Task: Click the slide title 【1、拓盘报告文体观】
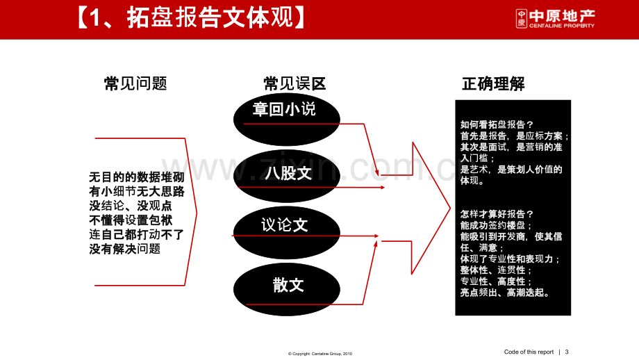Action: pos(191,18)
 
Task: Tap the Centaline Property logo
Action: pos(555,19)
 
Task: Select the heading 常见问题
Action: pos(135,83)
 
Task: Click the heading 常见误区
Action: pos(294,83)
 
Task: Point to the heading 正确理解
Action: pos(493,84)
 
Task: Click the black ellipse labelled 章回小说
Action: pos(286,120)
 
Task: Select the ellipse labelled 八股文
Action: pos(286,176)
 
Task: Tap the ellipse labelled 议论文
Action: pos(286,233)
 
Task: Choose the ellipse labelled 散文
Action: pos(286,290)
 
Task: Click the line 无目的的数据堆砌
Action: pos(137,177)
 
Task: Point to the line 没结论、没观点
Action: pos(131,206)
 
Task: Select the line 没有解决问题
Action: pos(125,249)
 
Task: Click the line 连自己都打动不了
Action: pos(137,234)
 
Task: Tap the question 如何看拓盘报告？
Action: pos(497,124)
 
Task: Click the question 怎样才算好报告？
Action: pos(497,214)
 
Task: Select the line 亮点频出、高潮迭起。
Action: pos(505,293)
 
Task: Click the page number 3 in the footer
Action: pos(567,352)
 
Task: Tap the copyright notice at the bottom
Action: pos(320,354)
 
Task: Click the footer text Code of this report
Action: pos(529,352)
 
